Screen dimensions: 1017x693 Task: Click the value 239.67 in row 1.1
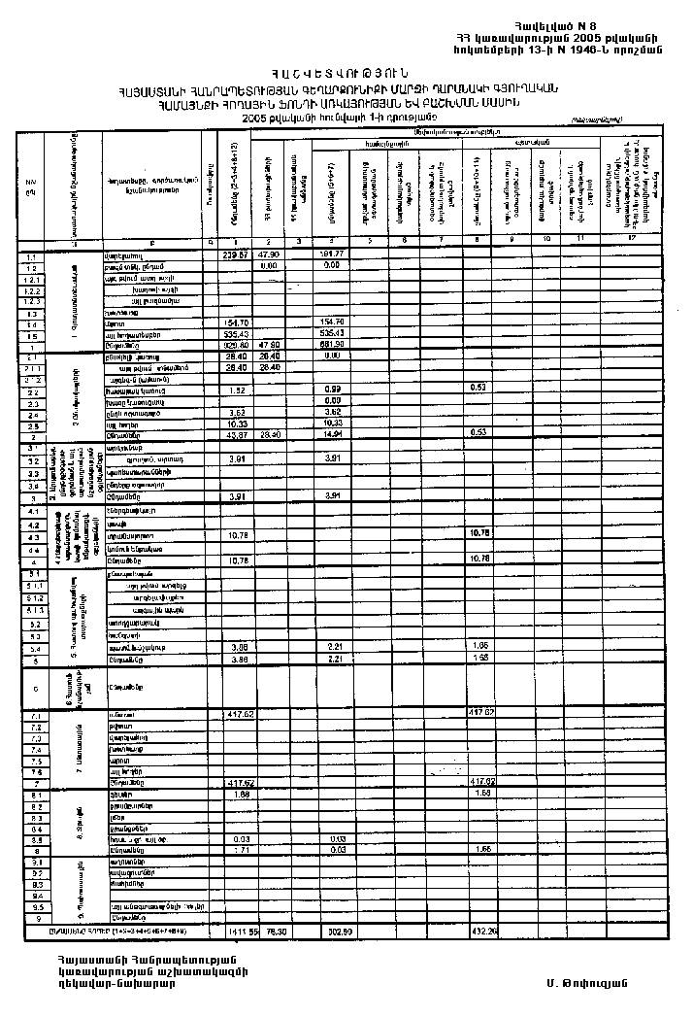tap(237, 255)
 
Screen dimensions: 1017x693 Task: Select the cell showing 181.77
tap(331, 255)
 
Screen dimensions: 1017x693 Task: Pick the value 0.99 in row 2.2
tap(331, 390)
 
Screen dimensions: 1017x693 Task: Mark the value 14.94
tap(331, 433)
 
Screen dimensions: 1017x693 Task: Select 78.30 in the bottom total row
tap(271, 932)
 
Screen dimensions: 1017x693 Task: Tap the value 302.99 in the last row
tap(331, 932)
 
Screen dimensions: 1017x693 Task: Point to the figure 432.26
tap(482, 932)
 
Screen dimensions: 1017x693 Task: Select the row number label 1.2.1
tap(31, 278)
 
